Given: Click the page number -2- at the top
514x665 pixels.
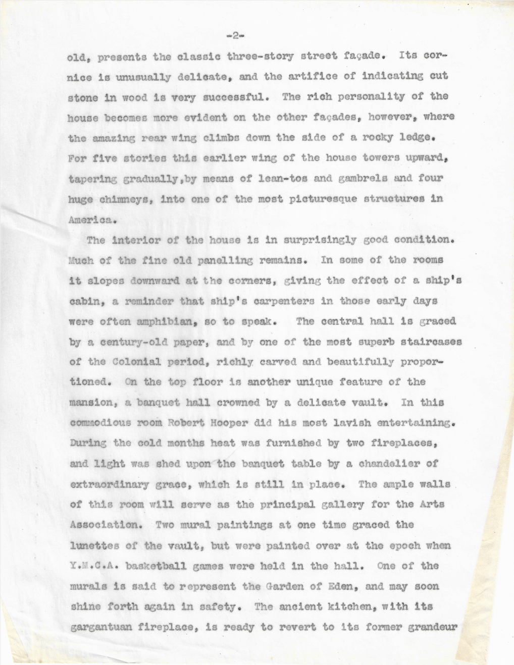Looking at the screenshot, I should point(236,35).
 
